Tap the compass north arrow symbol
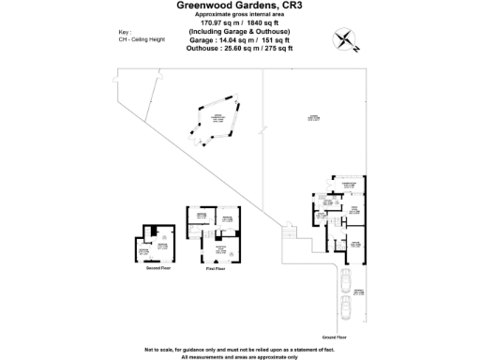click(347, 39)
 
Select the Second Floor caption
click(157, 267)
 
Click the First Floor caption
click(216, 268)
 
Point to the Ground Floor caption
click(335, 337)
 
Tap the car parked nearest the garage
click(348, 278)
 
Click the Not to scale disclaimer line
click(239, 349)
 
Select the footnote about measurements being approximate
click(239, 356)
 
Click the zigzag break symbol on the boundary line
click(288, 230)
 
